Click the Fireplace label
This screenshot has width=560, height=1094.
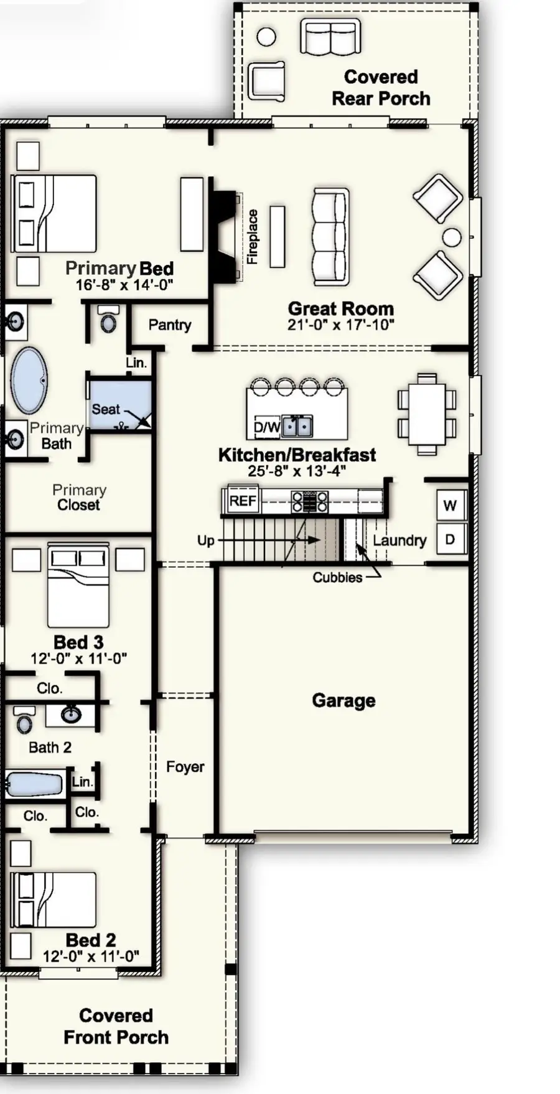point(252,237)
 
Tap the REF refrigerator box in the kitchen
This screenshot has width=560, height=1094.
point(242,501)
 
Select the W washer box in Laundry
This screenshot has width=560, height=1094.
point(450,506)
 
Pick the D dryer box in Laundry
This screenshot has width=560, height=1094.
point(450,539)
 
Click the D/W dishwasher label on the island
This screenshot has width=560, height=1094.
point(266,427)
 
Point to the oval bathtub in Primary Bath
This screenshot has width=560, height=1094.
point(29,381)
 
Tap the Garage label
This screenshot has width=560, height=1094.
point(343,700)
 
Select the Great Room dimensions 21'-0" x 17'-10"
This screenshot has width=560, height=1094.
point(340,325)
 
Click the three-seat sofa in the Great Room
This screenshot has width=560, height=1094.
point(330,237)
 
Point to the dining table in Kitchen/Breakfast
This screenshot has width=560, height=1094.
point(427,414)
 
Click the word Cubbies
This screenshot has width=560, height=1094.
point(337,578)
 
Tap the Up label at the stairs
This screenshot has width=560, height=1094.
point(205,540)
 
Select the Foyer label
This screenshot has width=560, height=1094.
point(185,767)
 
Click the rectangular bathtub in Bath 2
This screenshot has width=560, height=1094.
point(34,785)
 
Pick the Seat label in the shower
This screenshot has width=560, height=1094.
point(105,409)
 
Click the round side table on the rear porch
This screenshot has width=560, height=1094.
point(266,37)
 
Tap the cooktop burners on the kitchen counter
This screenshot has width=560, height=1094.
point(310,501)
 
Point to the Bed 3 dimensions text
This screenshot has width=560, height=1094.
point(79,659)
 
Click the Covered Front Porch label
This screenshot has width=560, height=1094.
point(116,1026)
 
